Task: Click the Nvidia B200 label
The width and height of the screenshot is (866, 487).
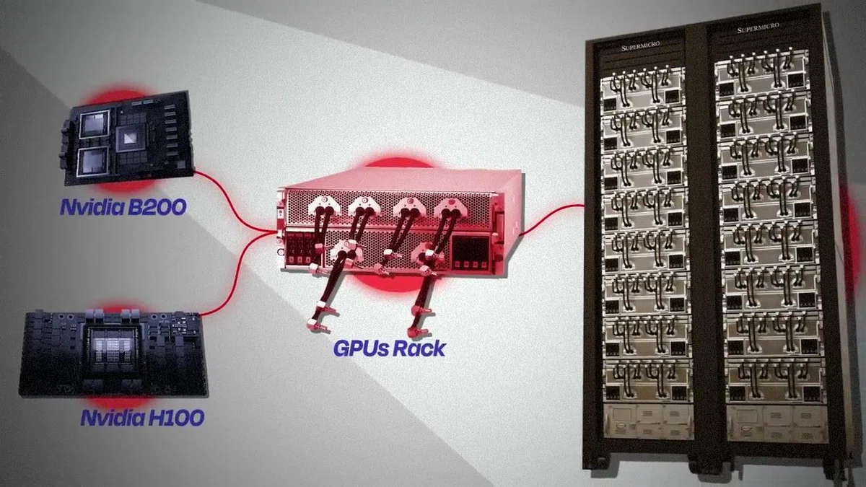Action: [x=123, y=207]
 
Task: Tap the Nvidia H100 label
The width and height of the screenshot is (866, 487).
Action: [x=142, y=418]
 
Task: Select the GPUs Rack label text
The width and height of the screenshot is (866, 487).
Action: [x=389, y=348]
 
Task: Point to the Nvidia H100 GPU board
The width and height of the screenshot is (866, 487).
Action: [x=113, y=353]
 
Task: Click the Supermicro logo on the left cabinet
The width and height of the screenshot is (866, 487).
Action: [x=640, y=46]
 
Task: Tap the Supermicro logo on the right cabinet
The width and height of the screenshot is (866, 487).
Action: [x=758, y=28]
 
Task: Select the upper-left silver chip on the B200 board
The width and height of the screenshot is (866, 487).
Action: [x=94, y=124]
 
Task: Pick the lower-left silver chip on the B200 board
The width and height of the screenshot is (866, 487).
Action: [x=93, y=162]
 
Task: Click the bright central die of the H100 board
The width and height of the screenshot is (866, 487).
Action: [x=113, y=351]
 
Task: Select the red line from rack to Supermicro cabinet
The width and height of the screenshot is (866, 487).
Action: [x=551, y=219]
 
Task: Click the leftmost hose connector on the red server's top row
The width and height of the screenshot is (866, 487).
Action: [x=324, y=204]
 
